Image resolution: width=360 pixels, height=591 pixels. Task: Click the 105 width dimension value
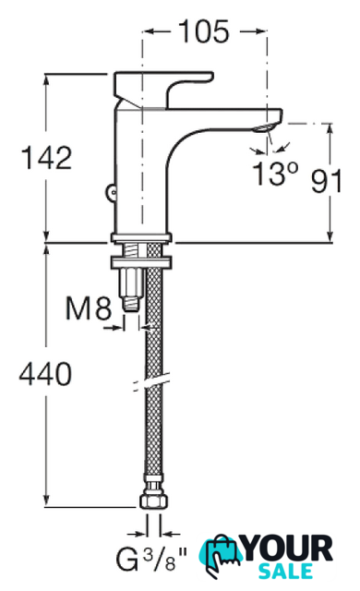(204, 31)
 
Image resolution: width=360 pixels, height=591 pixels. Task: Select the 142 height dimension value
(47, 158)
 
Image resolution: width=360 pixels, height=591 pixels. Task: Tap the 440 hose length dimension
(45, 374)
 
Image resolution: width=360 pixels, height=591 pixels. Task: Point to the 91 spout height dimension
(327, 181)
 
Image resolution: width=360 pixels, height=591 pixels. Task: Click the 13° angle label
(276, 174)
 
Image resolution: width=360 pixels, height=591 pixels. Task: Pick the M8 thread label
(89, 308)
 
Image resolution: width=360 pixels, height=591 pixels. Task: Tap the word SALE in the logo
(285, 571)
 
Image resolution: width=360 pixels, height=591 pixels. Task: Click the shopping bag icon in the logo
(221, 555)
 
